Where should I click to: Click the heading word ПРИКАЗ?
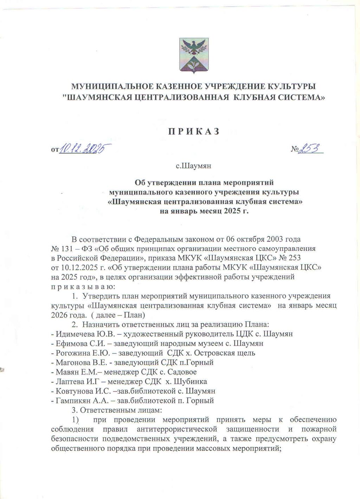click(193, 132)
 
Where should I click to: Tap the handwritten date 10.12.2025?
click(85, 149)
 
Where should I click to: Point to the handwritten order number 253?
click(310, 149)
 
